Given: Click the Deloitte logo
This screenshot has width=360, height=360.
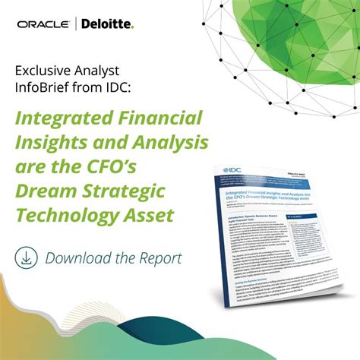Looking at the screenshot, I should [107, 24].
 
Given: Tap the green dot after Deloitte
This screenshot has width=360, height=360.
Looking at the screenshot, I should [132, 27].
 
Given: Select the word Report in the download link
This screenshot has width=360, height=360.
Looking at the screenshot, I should [158, 257].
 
